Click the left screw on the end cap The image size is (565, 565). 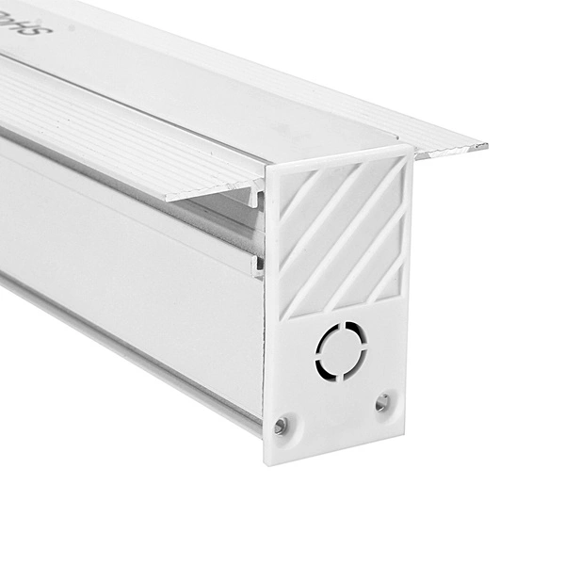click(x=281, y=426)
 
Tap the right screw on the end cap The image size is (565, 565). click(x=381, y=402)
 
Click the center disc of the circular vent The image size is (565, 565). click(x=339, y=350)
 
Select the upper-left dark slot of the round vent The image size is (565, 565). click(x=325, y=337)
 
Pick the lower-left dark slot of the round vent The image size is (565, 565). click(x=324, y=365)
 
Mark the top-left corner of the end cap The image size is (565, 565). click(x=266, y=170)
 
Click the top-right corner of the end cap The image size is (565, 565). click(x=412, y=146)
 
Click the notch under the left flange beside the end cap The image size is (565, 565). click(x=256, y=198)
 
